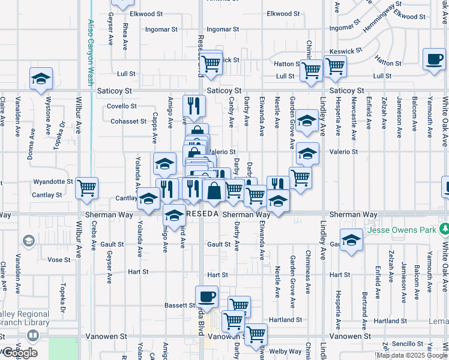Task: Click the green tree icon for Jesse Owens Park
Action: pos(444,229)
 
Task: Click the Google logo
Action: pos(19,352)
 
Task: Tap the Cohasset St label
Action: pos(128,121)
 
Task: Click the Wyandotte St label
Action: pos(53,181)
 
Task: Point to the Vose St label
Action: pos(59,260)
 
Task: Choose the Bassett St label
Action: pos(177,305)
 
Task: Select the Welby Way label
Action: pos(286,351)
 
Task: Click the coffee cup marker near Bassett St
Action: pos(207,296)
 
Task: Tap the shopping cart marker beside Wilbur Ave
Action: pos(87,188)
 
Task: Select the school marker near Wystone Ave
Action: pos(41,79)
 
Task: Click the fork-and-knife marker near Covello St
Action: pos(194,106)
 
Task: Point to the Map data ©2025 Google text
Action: pos(412,355)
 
